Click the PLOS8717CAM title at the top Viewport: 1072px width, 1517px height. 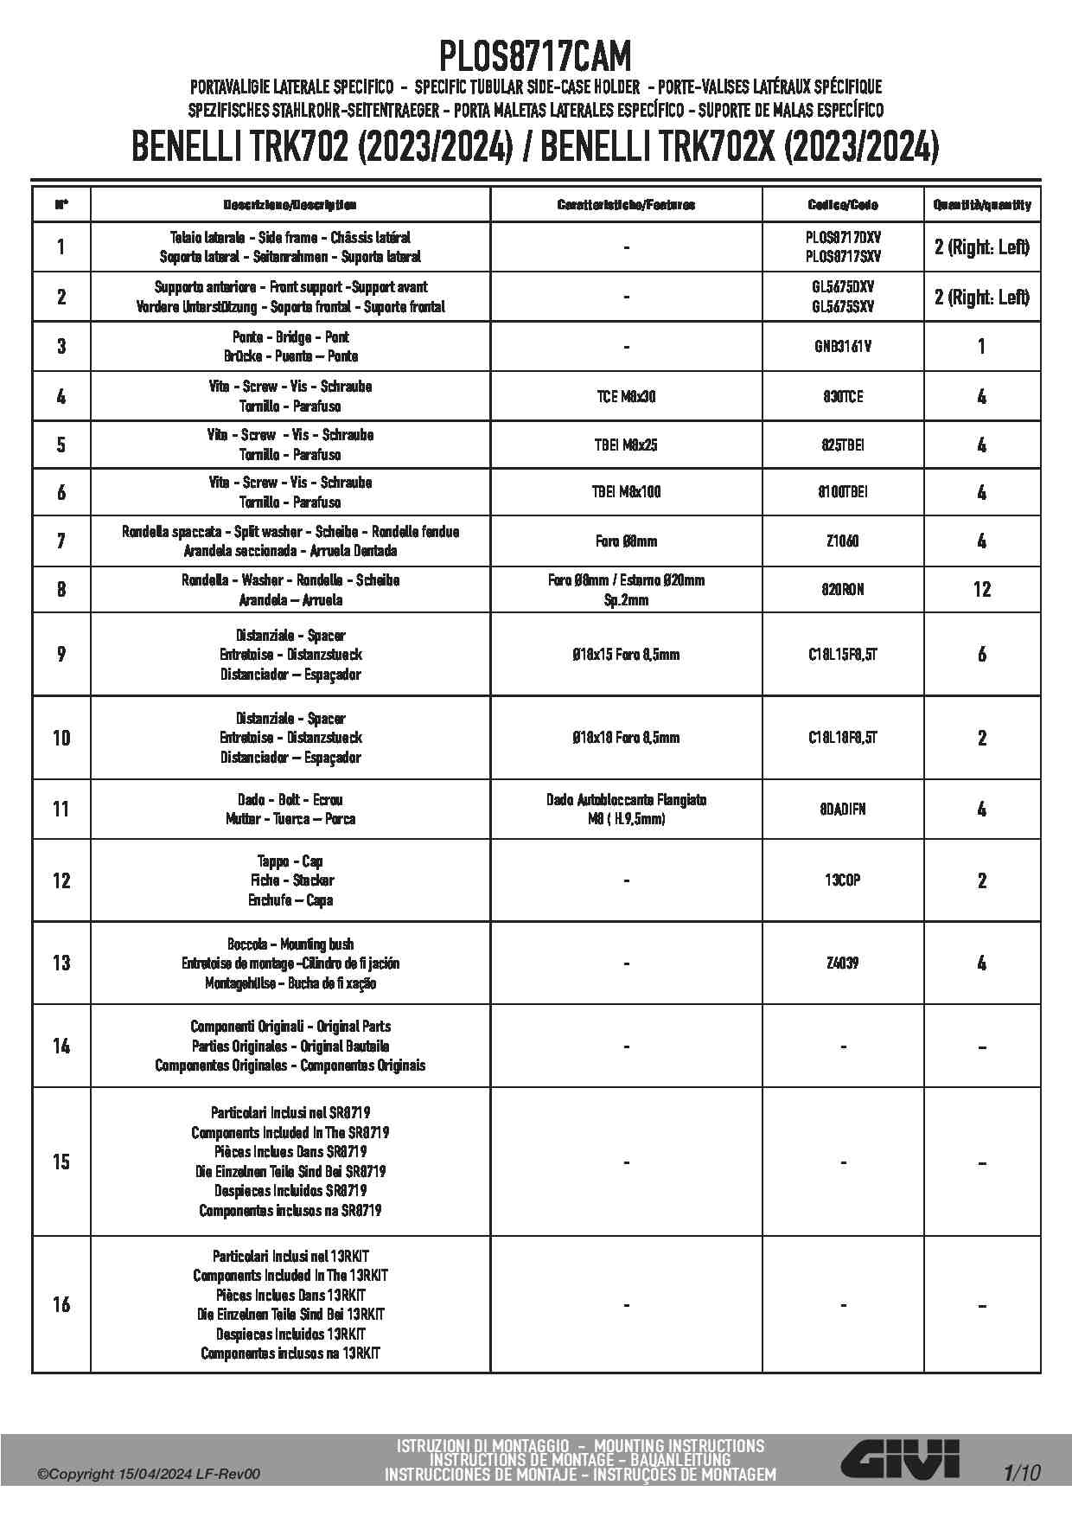[x=535, y=57]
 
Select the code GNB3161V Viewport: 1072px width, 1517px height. [x=843, y=347]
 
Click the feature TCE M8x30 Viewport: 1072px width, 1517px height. [x=626, y=397]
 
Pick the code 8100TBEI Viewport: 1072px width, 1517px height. [x=843, y=492]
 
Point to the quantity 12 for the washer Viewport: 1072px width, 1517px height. [x=982, y=590]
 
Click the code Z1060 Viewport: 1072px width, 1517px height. [x=843, y=541]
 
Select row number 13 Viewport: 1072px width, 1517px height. [x=61, y=963]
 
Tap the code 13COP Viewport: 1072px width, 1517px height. [x=843, y=880]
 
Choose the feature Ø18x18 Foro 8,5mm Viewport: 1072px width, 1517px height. [x=626, y=738]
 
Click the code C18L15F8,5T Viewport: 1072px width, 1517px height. [x=843, y=655]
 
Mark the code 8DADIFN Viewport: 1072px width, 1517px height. [x=843, y=810]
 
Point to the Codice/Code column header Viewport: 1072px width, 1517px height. [x=843, y=205]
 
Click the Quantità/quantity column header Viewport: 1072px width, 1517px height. [x=982, y=205]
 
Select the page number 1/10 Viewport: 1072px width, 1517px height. [x=1022, y=1473]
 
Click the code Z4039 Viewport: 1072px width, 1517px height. [x=843, y=963]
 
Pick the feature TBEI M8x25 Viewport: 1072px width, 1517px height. [x=626, y=445]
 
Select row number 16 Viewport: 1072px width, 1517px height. [x=61, y=1304]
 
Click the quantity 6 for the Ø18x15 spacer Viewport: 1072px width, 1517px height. [x=982, y=655]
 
